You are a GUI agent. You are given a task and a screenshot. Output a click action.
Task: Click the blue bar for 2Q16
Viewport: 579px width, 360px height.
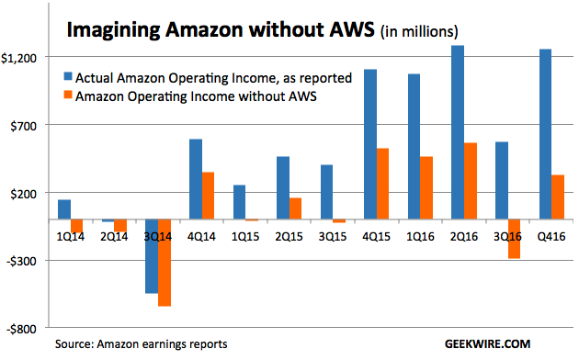point(458,132)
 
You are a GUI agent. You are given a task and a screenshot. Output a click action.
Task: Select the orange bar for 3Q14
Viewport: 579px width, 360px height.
point(165,263)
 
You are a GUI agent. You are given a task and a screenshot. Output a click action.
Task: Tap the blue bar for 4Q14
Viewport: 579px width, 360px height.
point(196,179)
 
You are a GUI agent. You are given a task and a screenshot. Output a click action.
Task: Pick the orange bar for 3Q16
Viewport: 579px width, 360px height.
point(514,239)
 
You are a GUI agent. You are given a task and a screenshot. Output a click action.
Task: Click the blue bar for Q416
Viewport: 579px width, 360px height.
point(545,134)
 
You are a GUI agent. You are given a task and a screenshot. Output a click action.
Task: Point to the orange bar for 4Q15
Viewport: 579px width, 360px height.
point(382,184)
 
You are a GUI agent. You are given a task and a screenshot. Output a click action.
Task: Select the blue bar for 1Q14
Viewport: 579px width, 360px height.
point(64,209)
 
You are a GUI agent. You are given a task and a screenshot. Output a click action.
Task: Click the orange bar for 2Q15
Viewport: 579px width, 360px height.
point(295,208)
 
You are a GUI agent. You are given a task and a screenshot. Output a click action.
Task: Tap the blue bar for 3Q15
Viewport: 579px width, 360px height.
point(326,192)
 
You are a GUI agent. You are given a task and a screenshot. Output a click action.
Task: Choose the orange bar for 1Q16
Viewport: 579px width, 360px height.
point(426,188)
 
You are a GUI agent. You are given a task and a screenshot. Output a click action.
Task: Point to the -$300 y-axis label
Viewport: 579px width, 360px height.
point(22,262)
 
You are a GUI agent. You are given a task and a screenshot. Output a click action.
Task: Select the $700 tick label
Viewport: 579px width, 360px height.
point(24,126)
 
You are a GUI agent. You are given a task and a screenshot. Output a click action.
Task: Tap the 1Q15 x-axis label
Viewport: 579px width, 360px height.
point(245,236)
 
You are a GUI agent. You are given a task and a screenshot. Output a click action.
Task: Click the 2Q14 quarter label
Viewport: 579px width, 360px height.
point(114,236)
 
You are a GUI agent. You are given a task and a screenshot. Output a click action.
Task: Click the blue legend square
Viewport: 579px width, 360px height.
point(68,76)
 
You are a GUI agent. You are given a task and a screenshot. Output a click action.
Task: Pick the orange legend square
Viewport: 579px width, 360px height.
point(68,95)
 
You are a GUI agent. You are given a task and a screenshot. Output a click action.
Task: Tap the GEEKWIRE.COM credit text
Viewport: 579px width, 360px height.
point(487,344)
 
